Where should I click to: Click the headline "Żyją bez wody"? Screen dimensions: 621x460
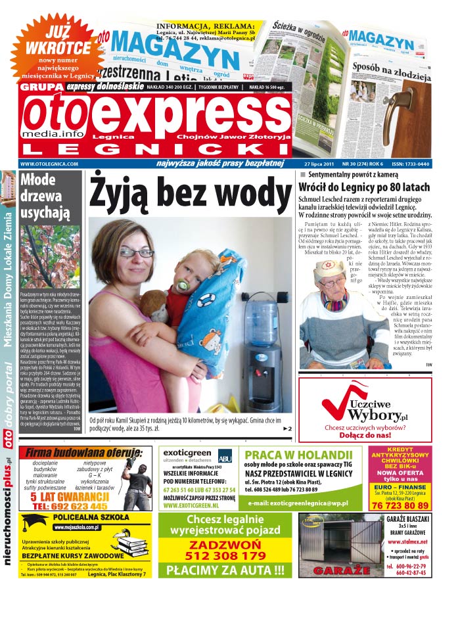pos(191,193)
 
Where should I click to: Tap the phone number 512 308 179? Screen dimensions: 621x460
pos(225,555)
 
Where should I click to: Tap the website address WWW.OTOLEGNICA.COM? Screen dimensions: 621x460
pos(49,164)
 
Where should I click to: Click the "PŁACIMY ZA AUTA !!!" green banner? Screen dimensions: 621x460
pos(225,570)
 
